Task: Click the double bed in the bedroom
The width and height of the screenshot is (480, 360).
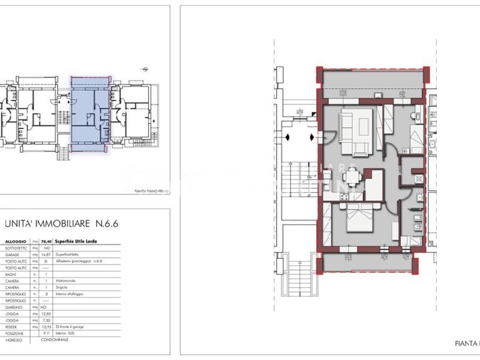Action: click(x=358, y=218)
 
